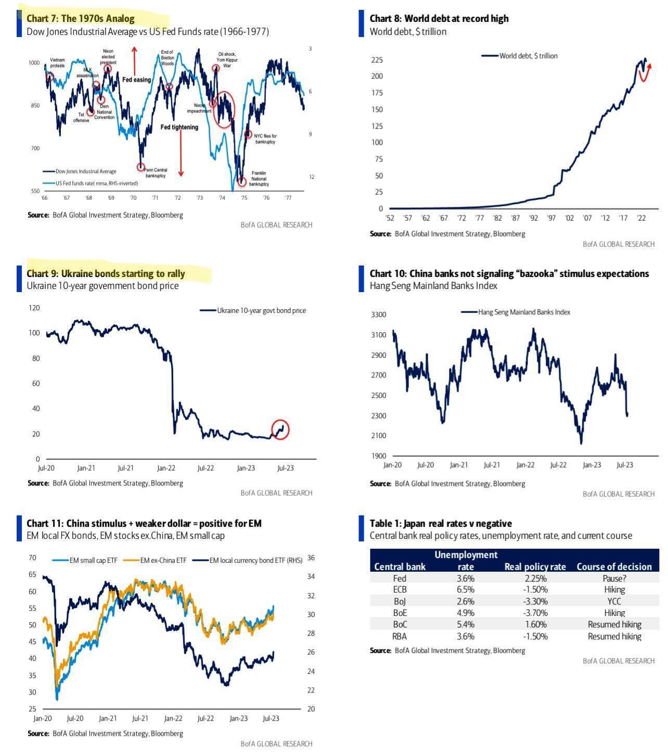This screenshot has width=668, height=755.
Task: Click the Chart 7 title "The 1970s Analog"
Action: click(x=98, y=19)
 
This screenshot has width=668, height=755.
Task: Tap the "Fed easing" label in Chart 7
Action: click(x=136, y=80)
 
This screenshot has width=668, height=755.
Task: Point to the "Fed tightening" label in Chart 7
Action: click(x=179, y=127)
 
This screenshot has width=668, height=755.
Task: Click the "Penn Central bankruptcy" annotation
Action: click(x=156, y=173)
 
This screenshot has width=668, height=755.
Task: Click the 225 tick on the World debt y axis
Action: click(x=377, y=60)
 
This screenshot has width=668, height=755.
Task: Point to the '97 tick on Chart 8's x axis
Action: click(x=551, y=218)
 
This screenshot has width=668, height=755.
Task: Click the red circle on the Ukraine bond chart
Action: click(x=280, y=430)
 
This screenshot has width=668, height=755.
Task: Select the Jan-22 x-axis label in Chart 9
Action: click(x=166, y=468)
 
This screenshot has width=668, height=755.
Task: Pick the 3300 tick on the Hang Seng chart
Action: click(x=379, y=314)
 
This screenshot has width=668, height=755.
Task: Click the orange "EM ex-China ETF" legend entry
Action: click(x=163, y=560)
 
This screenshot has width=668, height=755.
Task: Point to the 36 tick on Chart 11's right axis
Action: click(x=311, y=558)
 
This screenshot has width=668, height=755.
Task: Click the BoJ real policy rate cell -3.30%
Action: click(x=535, y=601)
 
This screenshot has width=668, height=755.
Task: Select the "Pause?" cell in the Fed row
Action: click(x=614, y=578)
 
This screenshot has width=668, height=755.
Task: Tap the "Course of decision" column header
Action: click(x=614, y=567)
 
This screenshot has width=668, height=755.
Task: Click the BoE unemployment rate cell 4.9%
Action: click(x=466, y=613)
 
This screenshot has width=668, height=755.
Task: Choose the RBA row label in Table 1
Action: click(x=400, y=636)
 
